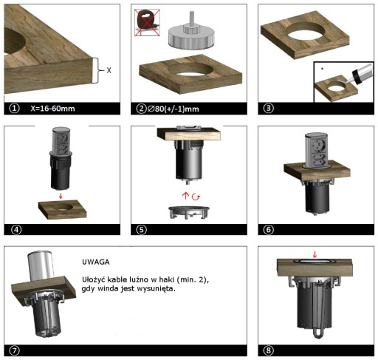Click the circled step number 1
tap(14, 108)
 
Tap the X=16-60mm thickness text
tap(52, 109)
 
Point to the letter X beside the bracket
tap(109, 70)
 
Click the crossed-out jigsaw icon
tap(147, 23)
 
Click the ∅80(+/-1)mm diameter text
tap(173, 109)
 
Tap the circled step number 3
tap(268, 108)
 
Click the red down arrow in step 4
tap(61, 196)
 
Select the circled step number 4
tap(16, 230)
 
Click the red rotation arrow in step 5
tap(196, 197)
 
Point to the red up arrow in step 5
tap(185, 196)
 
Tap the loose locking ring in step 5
tap(189, 212)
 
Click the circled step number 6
tap(268, 230)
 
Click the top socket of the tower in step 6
tap(320, 144)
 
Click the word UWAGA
tap(96, 262)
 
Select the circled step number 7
tap(14, 350)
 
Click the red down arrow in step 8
tap(315, 254)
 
